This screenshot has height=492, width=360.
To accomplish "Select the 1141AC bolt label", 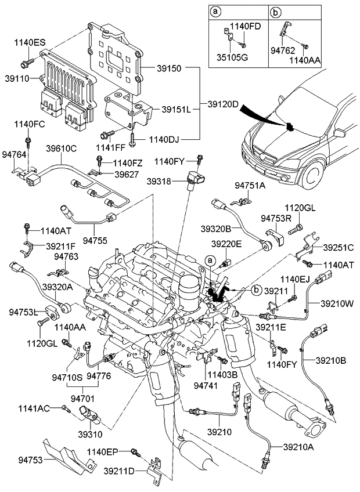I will (x=34, y=408).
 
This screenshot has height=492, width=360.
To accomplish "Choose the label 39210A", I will (x=298, y=446).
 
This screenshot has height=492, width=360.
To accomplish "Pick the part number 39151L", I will (x=176, y=108).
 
